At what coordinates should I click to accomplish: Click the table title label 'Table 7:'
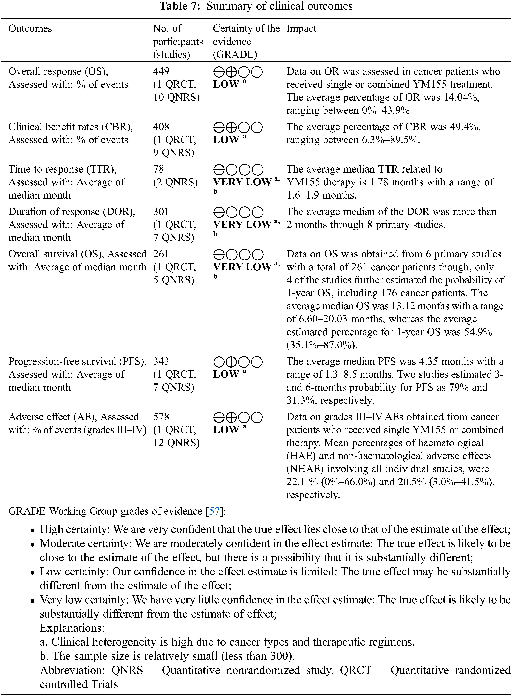pos(180,6)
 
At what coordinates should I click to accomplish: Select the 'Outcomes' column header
pos(30,28)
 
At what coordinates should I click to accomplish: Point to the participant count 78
pos(158,169)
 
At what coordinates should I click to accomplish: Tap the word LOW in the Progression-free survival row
pos(226,374)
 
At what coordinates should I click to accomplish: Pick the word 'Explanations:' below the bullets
pos(72,628)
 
